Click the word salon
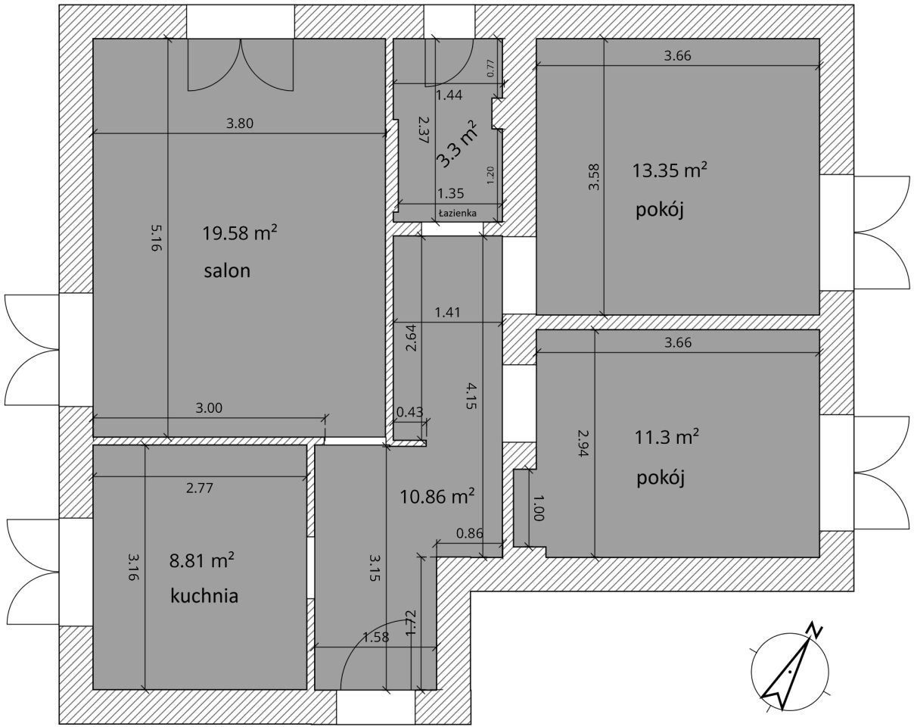click(x=227, y=271)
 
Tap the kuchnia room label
click(x=204, y=596)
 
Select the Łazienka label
click(x=458, y=213)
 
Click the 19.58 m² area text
click(x=240, y=233)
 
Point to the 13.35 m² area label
click(x=670, y=170)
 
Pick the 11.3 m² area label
click(x=667, y=437)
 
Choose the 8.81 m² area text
click(x=202, y=560)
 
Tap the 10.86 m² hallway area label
click(x=437, y=496)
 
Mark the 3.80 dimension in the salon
click(x=240, y=123)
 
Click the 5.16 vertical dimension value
click(x=157, y=238)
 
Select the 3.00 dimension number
click(x=209, y=408)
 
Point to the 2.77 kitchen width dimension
click(x=200, y=488)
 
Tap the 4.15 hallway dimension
click(x=471, y=396)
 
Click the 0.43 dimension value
click(x=410, y=412)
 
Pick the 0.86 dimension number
click(x=470, y=532)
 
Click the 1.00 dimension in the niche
click(x=538, y=507)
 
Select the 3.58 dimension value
click(x=594, y=177)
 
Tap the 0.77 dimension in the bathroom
click(x=490, y=68)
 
